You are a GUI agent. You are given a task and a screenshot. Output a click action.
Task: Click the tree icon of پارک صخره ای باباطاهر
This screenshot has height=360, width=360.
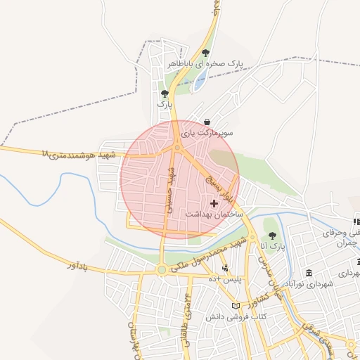(205, 53)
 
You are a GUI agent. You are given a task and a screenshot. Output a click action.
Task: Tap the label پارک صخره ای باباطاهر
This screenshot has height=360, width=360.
(205, 64)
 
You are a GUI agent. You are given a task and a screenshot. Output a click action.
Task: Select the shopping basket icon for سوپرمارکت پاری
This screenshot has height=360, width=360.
(206, 122)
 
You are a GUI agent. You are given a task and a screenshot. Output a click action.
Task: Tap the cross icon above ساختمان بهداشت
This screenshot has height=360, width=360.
(214, 202)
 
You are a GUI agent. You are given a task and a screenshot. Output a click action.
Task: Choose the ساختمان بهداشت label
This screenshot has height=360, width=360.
(214, 213)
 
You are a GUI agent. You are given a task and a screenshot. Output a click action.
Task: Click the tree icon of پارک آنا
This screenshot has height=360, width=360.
(272, 236)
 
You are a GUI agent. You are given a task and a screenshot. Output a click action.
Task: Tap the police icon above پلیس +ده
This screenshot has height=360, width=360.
(225, 268)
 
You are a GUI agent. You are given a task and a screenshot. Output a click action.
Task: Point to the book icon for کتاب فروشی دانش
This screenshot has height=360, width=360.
(235, 306)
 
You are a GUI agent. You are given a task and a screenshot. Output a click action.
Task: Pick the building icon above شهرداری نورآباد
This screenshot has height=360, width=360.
(309, 273)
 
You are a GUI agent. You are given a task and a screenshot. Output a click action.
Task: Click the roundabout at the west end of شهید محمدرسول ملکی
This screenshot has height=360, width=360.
(162, 269)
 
